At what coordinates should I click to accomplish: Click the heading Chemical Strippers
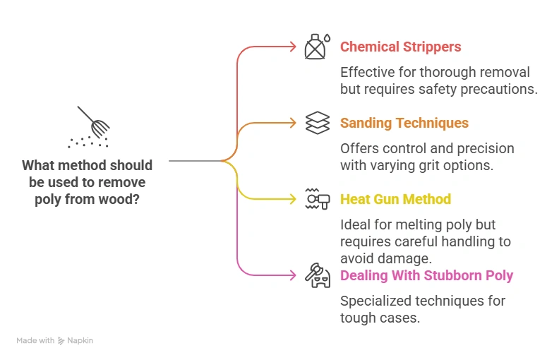(400, 47)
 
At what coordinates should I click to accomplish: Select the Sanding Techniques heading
(404, 124)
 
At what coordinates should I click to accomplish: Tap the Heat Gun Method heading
(395, 200)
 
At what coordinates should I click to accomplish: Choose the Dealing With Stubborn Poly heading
(426, 275)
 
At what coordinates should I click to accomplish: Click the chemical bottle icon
(316, 47)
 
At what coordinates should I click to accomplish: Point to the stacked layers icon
(317, 123)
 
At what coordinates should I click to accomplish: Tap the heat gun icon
(317, 199)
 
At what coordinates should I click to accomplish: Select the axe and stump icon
(317, 275)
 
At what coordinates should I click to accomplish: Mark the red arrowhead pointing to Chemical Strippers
(292, 47)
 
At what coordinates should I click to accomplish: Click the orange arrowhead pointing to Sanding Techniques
(292, 123)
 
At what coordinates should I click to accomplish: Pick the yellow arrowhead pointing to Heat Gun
(292, 199)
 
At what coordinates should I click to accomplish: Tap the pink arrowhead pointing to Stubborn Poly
(292, 275)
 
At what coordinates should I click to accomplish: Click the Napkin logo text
(80, 340)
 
